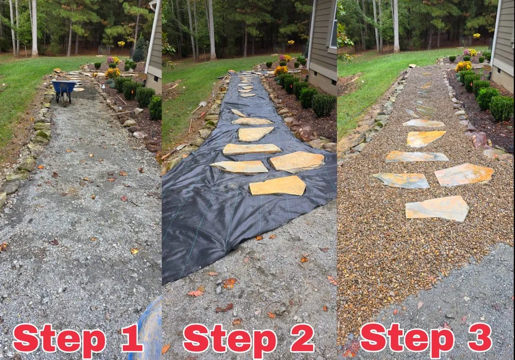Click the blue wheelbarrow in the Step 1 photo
click(63, 89)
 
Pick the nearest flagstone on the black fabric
click(278, 186)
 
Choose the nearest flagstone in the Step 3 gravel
click(437, 208)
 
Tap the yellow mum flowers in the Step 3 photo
click(463, 66)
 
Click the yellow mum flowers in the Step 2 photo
click(281, 70)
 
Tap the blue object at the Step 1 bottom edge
click(149, 330)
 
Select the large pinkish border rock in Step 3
click(478, 139)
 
